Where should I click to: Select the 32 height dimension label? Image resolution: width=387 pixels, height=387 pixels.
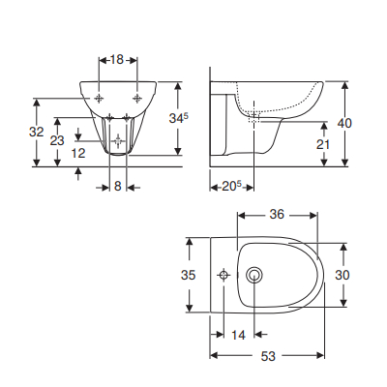click(36, 132)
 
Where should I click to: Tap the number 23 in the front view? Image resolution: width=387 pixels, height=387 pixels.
click(58, 141)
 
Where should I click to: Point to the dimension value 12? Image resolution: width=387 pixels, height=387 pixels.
click(78, 153)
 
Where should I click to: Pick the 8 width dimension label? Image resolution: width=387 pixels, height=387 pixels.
click(117, 185)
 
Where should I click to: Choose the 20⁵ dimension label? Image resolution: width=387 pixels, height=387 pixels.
click(228, 185)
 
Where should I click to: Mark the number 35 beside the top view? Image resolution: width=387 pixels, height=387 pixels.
click(190, 275)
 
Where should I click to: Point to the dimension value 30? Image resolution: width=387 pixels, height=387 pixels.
click(342, 275)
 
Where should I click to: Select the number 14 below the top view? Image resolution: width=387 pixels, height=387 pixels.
click(238, 335)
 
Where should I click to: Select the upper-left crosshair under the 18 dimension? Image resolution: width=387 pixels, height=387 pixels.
click(100, 98)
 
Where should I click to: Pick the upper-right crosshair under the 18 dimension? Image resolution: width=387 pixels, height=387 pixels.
click(138, 98)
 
